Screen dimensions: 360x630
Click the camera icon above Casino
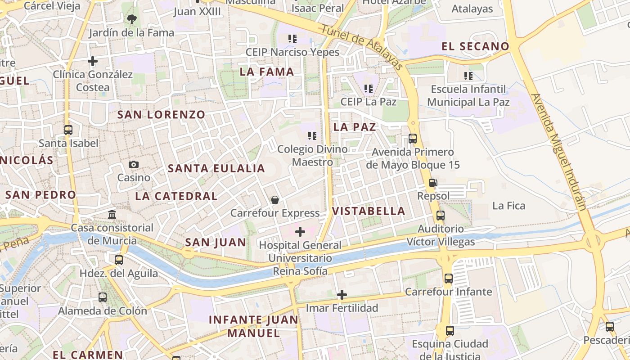click(134, 165)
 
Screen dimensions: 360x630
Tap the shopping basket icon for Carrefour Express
click(274, 200)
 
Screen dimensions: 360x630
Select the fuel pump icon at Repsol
click(433, 183)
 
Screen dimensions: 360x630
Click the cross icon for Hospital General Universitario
click(300, 232)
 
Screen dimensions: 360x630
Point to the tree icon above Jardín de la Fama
click(131, 19)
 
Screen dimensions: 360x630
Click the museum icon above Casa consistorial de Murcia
click(112, 214)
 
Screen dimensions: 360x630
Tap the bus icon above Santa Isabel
click(68, 130)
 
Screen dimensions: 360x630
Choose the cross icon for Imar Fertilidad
click(342, 295)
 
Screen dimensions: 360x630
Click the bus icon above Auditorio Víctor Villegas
click(441, 216)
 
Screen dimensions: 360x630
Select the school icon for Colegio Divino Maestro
click(312, 135)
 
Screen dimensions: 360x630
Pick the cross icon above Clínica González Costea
click(93, 61)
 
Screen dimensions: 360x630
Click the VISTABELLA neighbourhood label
click(369, 211)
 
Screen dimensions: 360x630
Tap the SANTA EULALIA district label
click(216, 169)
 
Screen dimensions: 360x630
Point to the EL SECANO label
click(475, 46)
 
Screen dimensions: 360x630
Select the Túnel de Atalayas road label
click(362, 47)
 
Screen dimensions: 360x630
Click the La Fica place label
click(509, 206)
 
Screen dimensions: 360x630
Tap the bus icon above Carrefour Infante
click(449, 279)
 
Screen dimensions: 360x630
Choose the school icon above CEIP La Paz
click(369, 89)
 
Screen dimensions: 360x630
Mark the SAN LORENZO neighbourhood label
click(161, 115)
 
